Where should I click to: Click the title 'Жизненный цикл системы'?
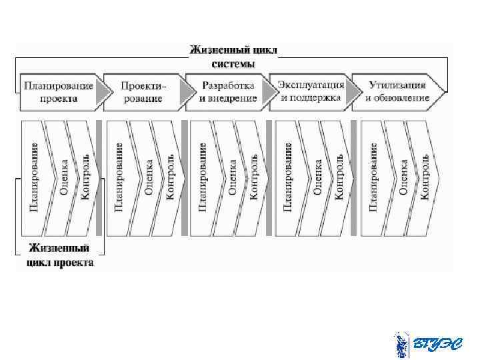[x=233, y=56]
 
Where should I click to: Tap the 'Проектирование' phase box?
[x=142, y=91]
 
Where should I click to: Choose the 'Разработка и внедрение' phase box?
[x=227, y=91]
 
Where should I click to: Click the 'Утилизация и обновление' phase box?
[x=397, y=91]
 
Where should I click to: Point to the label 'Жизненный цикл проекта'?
[x=60, y=255]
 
